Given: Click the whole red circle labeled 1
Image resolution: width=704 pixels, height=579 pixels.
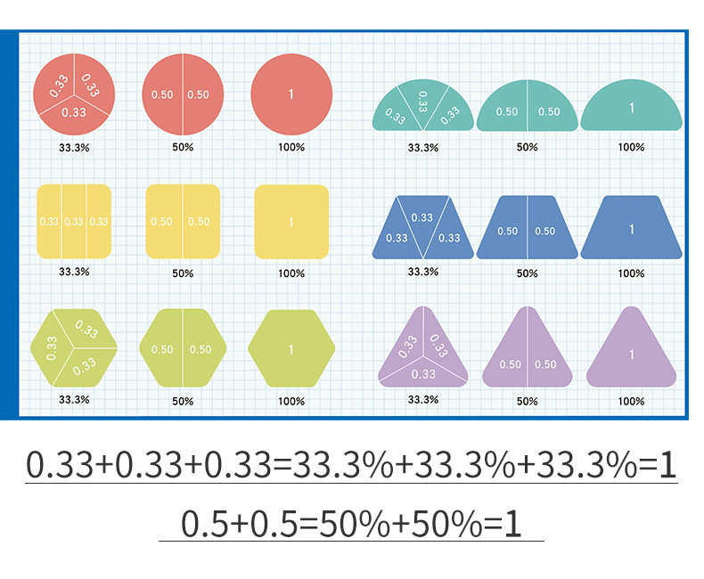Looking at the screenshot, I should [291, 94].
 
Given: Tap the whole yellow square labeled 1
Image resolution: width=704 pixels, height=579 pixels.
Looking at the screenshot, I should [291, 222].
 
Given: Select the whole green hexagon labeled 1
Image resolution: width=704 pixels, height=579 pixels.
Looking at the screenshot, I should [291, 349].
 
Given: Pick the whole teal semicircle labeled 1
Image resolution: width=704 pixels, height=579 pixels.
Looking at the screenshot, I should [631, 108].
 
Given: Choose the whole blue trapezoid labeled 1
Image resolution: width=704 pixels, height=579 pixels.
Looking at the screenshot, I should [631, 229].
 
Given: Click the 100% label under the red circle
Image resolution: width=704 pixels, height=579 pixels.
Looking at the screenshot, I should [291, 147].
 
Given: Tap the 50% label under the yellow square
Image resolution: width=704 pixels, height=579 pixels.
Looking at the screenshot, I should [183, 273].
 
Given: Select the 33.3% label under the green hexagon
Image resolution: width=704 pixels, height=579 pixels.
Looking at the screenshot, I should [74, 399].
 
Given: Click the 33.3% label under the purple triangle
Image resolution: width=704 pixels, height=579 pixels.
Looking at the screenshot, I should [422, 399].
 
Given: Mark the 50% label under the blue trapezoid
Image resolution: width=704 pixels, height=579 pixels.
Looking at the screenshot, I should [527, 273].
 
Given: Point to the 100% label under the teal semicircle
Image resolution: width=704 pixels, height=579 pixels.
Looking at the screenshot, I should [631, 147].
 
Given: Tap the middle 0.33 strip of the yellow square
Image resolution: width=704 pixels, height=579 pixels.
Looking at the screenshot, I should [74, 222].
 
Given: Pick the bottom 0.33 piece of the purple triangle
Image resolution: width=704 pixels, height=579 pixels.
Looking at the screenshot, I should [422, 375].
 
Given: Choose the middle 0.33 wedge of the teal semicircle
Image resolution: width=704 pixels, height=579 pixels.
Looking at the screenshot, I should [422, 105].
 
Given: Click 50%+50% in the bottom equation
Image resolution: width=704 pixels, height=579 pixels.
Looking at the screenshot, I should [392, 523].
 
